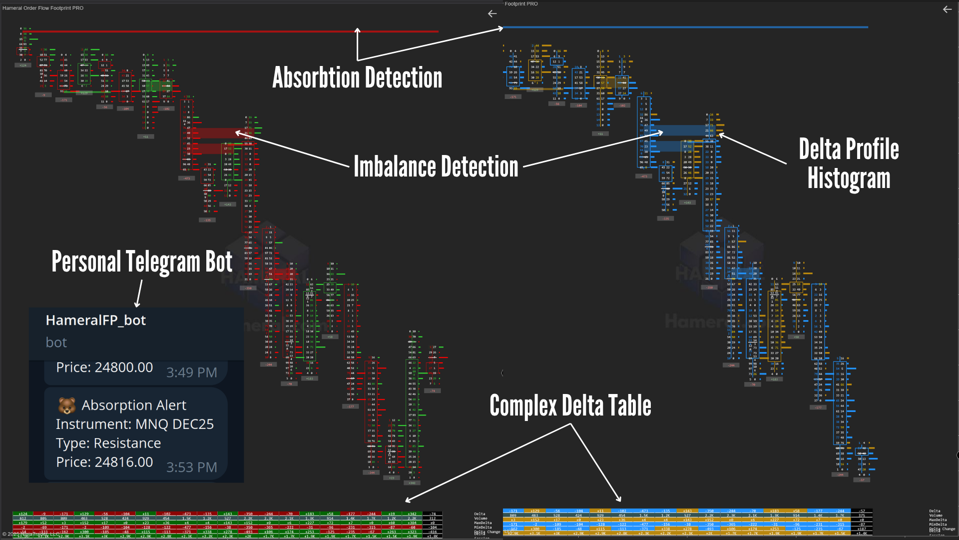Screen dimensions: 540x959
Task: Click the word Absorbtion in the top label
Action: pyautogui.click(x=316, y=78)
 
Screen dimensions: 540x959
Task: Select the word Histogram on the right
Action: pyautogui.click(x=849, y=179)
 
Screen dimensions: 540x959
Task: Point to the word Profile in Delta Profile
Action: pyautogui.click(x=872, y=149)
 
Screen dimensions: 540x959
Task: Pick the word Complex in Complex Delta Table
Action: pyautogui.click(x=523, y=405)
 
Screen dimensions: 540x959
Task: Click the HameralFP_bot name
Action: pyautogui.click(x=95, y=320)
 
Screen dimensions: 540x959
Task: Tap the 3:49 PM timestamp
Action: pyautogui.click(x=191, y=372)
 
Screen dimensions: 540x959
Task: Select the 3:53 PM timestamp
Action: pyautogui.click(x=191, y=467)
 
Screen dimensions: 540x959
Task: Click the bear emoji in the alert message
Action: pyautogui.click(x=67, y=405)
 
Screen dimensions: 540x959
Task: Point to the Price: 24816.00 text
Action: pyautogui.click(x=104, y=462)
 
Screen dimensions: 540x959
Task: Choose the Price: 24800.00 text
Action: pyautogui.click(x=104, y=367)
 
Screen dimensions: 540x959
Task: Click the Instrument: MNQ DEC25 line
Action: pyautogui.click(x=134, y=424)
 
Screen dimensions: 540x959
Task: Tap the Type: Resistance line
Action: pyautogui.click(x=108, y=443)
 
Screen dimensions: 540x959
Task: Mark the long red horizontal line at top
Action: pyautogui.click(x=230, y=31)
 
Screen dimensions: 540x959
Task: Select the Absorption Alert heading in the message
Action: pyautogui.click(x=134, y=405)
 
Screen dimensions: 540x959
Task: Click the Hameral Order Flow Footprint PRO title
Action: pyautogui.click(x=43, y=8)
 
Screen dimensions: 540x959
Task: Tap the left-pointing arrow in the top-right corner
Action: pyautogui.click(x=947, y=9)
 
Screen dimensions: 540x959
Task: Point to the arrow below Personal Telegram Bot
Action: pyautogui.click(x=139, y=294)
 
